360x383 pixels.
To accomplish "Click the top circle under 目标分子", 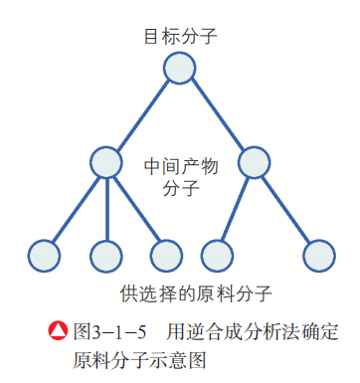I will (179, 69).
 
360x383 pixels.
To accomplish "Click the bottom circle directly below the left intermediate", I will (105, 256).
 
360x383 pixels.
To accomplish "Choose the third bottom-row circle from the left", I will (166, 256).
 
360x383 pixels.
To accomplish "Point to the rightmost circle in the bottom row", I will (318, 256).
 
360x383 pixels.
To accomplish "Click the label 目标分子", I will (179, 38).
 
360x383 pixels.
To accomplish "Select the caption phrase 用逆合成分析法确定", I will (253, 329).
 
